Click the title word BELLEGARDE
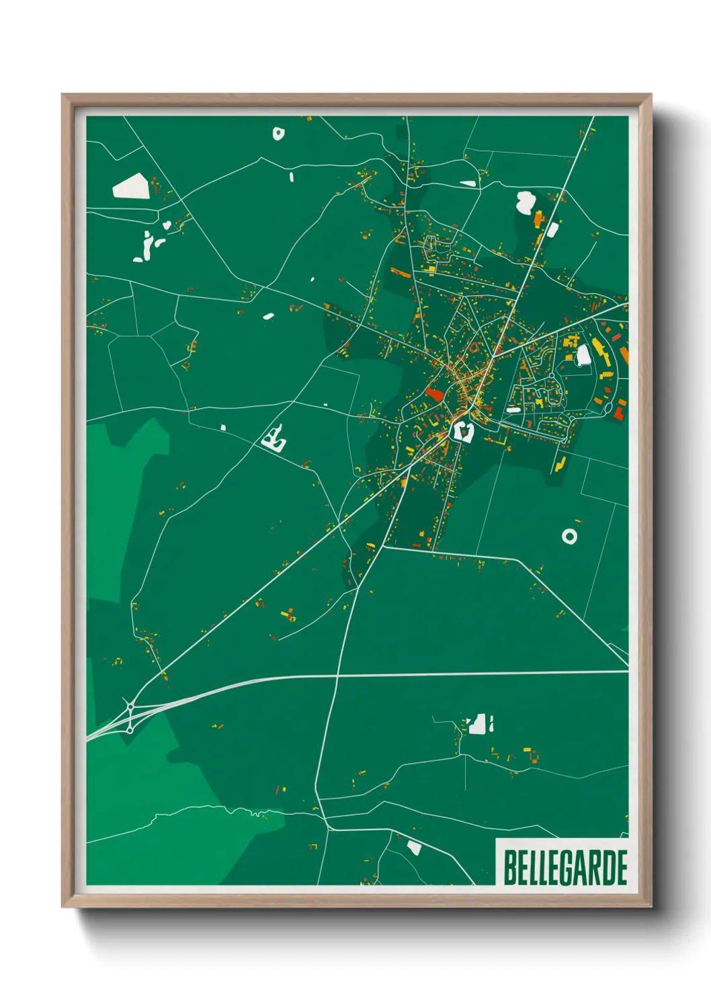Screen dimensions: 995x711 click(x=564, y=868)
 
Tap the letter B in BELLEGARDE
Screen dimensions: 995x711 click(x=509, y=868)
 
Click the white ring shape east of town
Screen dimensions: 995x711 click(x=569, y=536)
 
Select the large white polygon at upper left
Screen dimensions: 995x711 click(x=130, y=186)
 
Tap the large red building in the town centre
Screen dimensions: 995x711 click(x=433, y=394)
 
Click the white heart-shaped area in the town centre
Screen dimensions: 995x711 click(x=462, y=430)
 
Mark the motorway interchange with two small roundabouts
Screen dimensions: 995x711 click(x=130, y=716)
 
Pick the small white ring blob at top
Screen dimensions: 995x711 click(x=278, y=133)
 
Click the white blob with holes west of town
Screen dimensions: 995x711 click(x=274, y=440)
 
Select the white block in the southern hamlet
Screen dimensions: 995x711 click(x=478, y=725)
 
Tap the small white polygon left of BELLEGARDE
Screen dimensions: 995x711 click(x=414, y=848)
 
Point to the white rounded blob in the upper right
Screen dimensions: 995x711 click(x=525, y=201)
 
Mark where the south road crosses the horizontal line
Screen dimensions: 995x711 click(x=337, y=674)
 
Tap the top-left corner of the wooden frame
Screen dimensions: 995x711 click(x=62, y=95)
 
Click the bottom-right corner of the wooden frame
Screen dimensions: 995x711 click(x=651, y=907)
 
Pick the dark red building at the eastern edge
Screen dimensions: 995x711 click(x=618, y=411)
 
